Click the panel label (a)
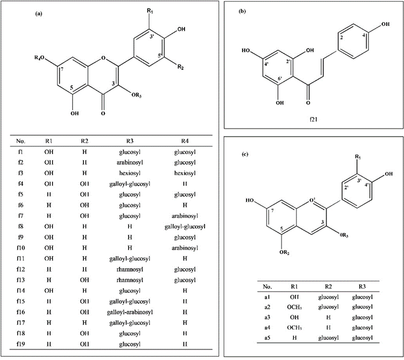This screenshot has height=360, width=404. click(x=39, y=14)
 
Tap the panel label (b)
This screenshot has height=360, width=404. click(x=243, y=11)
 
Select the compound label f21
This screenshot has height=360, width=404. click(x=313, y=119)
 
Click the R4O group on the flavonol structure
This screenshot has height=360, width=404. click(x=39, y=58)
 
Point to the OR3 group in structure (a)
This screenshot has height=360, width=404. click(x=137, y=95)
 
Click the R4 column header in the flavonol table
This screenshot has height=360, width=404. click(x=184, y=141)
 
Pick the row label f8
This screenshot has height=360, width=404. click(x=21, y=227)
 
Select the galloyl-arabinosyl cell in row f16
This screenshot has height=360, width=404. click(x=130, y=312)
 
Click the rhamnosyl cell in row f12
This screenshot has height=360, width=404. click(x=130, y=270)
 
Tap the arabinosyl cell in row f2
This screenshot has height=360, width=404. click(x=130, y=162)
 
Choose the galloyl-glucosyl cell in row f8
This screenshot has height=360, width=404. click(x=184, y=227)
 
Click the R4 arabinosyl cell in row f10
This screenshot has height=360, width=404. click(x=184, y=248)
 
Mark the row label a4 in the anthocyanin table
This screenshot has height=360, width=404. click(x=267, y=327)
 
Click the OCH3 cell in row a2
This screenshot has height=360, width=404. click(x=294, y=307)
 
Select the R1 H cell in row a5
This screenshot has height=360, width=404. click(x=294, y=338)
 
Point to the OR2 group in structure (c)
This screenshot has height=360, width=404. click(x=284, y=253)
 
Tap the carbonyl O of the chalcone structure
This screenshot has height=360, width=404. click(x=308, y=103)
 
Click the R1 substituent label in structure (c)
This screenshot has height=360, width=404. click(x=358, y=157)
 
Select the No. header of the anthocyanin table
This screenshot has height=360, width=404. click(x=267, y=287)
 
